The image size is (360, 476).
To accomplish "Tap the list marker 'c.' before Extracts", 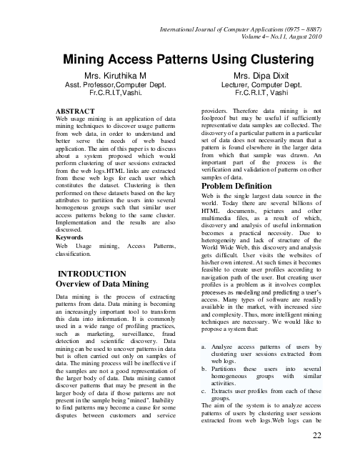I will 205,391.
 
